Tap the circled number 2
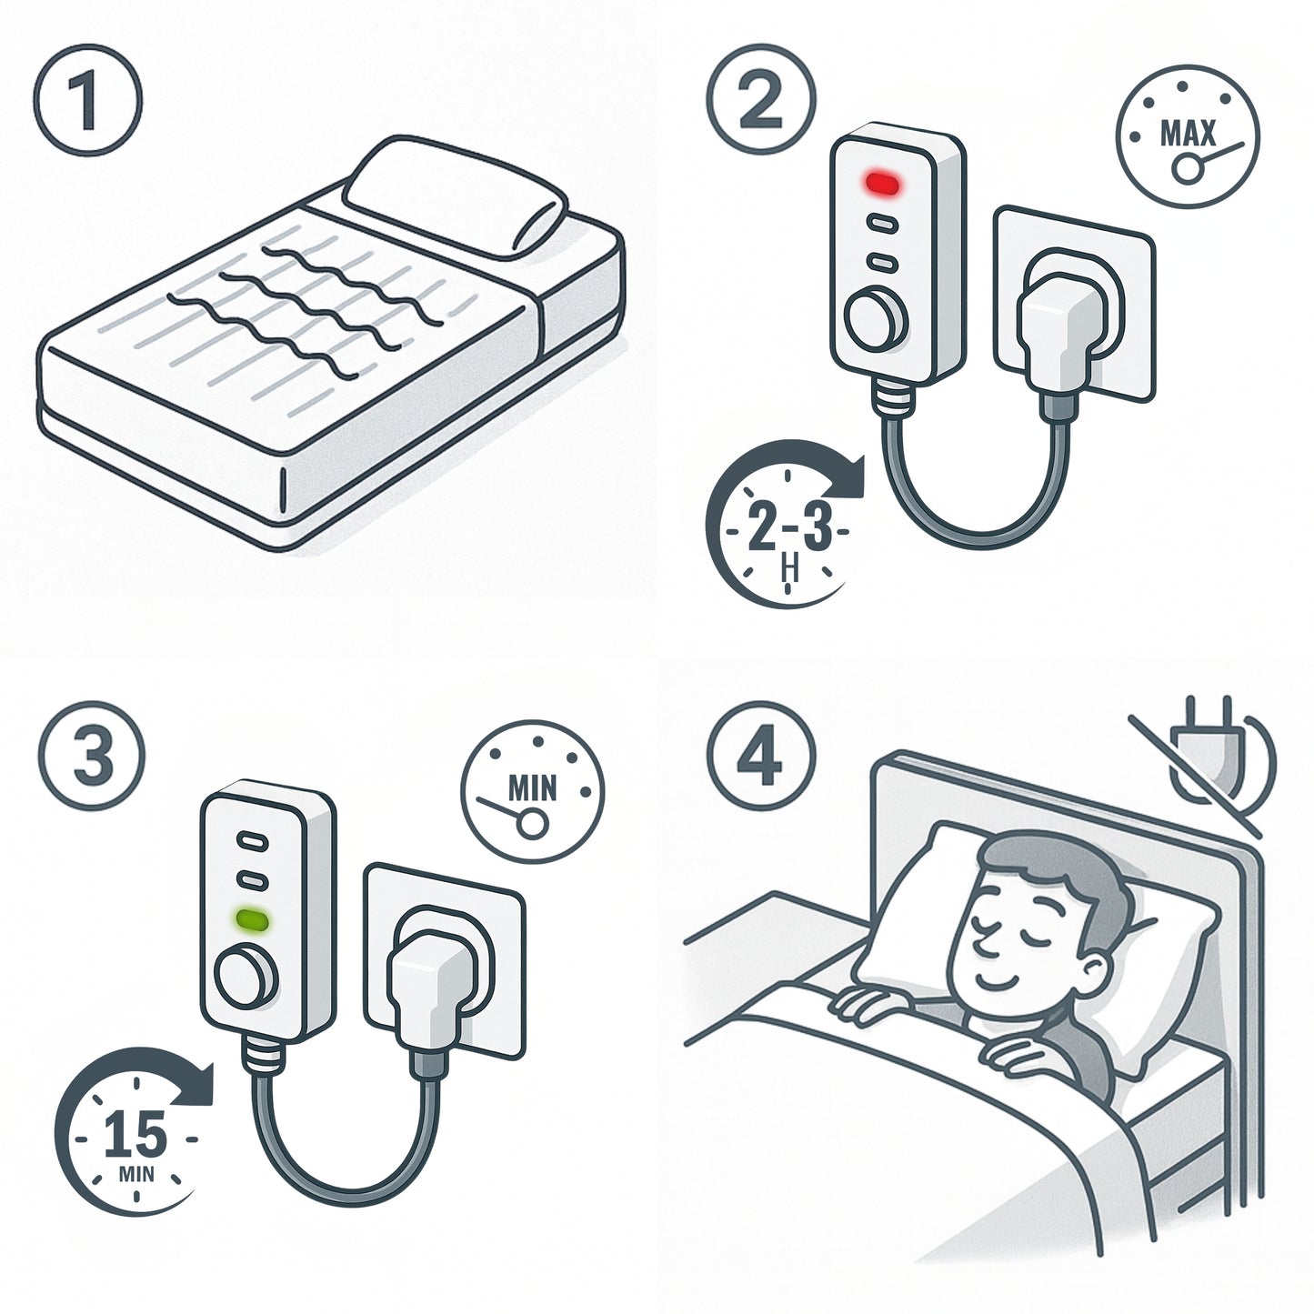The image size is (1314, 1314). pyautogui.click(x=760, y=98)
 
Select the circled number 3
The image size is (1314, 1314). pyautogui.click(x=93, y=756)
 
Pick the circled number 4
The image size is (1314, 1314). pyautogui.click(x=760, y=756)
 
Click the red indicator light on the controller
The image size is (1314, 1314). pyautogui.click(x=882, y=182)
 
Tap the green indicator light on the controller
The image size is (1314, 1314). pyautogui.click(x=251, y=920)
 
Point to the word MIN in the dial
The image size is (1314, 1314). pyautogui.click(x=533, y=788)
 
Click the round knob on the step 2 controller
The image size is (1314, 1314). pyautogui.click(x=877, y=320)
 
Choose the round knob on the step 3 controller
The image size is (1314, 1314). pyautogui.click(x=246, y=977)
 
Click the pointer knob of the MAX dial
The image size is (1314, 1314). pyautogui.click(x=1188, y=168)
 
